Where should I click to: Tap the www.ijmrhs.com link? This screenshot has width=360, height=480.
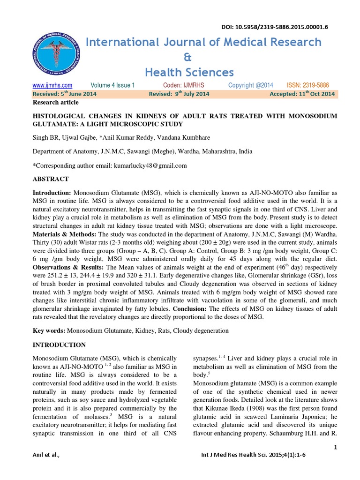52,85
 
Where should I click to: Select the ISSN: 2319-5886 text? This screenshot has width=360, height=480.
307,85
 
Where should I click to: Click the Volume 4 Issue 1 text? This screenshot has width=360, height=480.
112,85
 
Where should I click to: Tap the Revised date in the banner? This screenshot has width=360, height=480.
179,94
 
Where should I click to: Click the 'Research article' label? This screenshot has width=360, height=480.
55,102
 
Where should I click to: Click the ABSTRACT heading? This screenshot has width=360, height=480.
51,179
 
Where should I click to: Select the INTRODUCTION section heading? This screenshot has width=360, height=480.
59,345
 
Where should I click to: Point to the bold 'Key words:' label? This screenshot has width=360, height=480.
49,330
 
